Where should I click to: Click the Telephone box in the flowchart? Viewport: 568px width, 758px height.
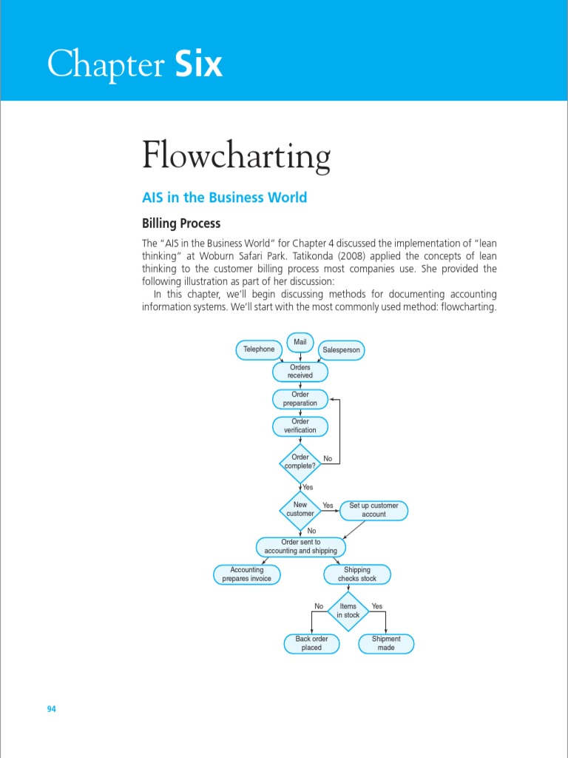click(259, 349)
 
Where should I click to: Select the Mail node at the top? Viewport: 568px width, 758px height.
click(300, 342)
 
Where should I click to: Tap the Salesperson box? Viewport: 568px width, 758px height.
click(342, 349)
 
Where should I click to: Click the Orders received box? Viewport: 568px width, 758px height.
click(300, 372)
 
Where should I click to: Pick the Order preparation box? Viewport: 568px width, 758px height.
click(300, 399)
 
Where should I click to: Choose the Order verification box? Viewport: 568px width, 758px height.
click(300, 426)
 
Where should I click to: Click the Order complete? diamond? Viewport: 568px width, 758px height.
click(300, 462)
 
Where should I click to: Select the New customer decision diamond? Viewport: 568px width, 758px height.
click(300, 509)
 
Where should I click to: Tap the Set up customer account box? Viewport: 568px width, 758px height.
click(373, 510)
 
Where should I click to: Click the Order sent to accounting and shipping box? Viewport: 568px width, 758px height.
click(300, 547)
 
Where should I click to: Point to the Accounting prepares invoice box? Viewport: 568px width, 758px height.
click(247, 574)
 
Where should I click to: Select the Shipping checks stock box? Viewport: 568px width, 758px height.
click(357, 574)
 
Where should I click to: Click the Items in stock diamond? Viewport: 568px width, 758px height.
click(348, 611)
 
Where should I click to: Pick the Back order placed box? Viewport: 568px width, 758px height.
click(312, 643)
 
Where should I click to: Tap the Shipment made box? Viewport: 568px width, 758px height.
click(386, 643)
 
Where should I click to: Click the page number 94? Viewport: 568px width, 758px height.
click(52, 709)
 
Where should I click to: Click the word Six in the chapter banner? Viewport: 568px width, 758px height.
click(199, 65)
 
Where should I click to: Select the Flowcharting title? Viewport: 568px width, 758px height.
click(236, 157)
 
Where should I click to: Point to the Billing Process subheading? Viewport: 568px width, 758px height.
click(181, 223)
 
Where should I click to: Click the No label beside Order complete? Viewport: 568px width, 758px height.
click(328, 459)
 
